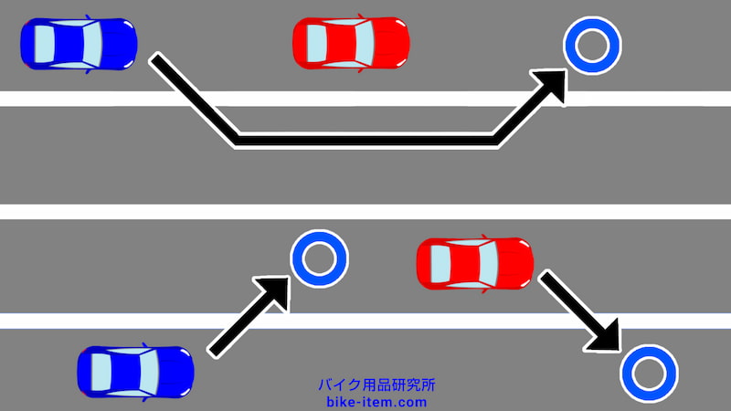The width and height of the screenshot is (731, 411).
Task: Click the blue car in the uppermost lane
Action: [78, 42]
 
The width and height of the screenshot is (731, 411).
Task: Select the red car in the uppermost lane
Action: [351, 42]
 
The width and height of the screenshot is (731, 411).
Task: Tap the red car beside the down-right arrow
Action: [475, 263]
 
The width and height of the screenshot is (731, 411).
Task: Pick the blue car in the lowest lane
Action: [135, 372]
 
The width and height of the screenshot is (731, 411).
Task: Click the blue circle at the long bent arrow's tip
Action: [592, 45]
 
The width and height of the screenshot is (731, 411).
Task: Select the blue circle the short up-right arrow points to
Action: [319, 258]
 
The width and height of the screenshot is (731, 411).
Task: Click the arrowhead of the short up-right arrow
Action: [275, 290]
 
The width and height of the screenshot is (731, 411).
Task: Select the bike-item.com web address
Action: [376, 402]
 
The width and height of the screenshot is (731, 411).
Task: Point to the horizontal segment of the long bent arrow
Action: [365, 139]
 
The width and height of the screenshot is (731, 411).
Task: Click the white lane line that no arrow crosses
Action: [365, 212]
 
